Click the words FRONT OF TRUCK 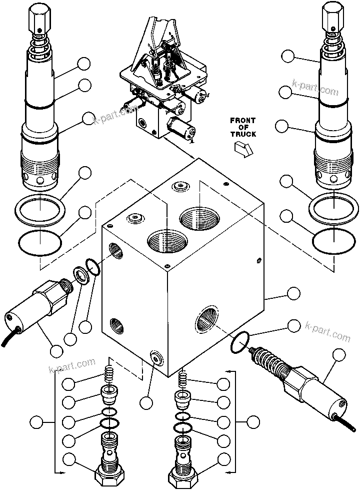(x=243, y=127)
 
